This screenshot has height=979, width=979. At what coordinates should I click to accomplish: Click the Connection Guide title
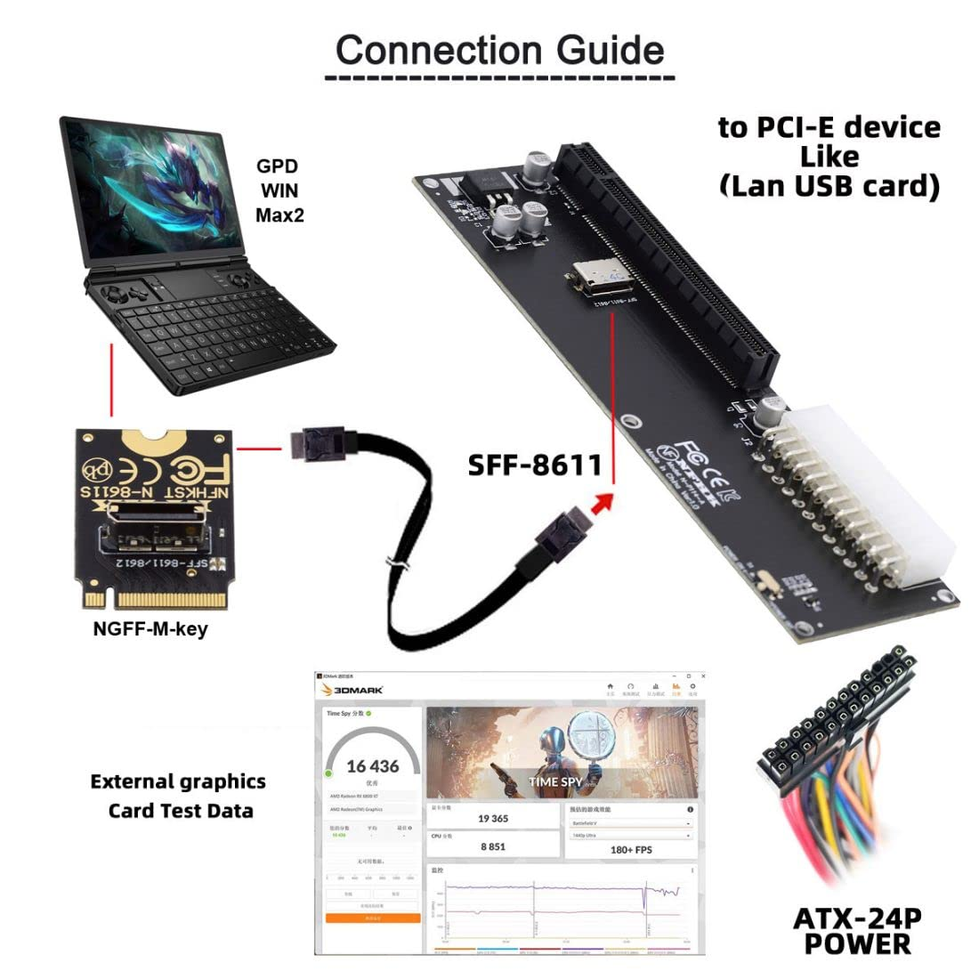click(499, 50)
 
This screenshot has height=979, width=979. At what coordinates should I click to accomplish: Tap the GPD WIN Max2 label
click(279, 190)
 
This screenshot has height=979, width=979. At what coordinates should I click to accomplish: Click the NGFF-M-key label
click(150, 629)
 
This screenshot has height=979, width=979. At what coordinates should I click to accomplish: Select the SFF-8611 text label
click(535, 465)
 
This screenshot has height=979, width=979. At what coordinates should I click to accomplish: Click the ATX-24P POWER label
click(857, 930)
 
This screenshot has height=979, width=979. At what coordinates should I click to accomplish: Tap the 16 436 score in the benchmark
click(372, 766)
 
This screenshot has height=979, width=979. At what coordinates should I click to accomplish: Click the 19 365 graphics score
click(492, 819)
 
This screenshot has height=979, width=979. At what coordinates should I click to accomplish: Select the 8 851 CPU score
click(492, 846)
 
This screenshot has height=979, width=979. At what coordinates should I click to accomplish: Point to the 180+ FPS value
click(631, 849)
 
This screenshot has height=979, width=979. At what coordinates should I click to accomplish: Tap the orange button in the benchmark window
click(372, 917)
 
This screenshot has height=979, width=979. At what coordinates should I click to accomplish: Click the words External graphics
click(178, 781)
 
